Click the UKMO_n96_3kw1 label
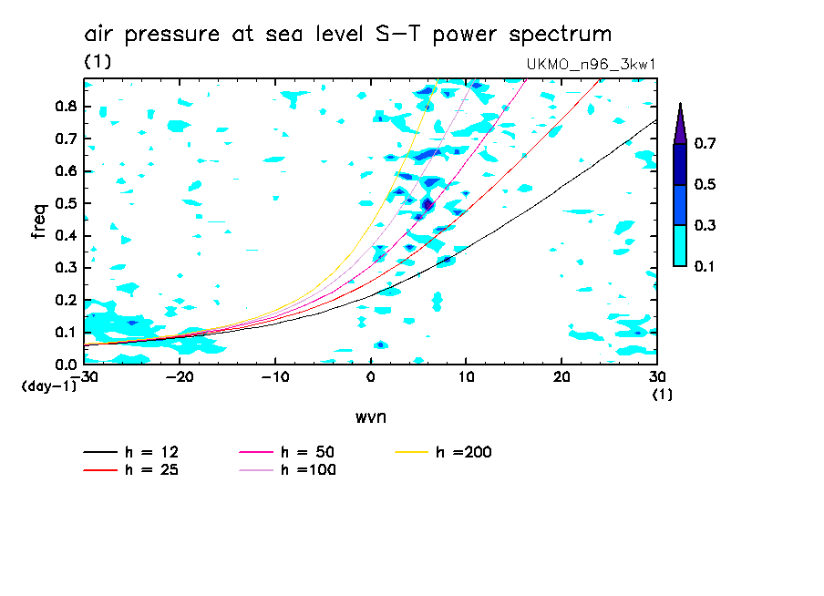pos(591,65)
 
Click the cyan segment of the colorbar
pos(680,245)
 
